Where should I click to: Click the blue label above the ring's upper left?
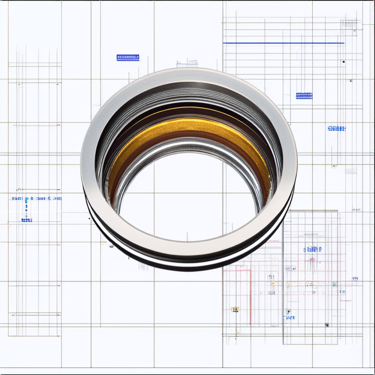128,58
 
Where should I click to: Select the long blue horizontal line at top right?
283,43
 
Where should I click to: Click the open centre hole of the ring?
188,195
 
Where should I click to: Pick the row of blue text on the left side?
36,199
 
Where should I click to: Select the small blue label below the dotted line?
26,220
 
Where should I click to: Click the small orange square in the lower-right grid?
235,309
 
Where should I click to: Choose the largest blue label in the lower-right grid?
312,249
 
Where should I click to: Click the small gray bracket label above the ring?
187,63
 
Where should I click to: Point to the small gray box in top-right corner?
349,24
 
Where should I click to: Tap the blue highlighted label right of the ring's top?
304,96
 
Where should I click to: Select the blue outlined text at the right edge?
336,128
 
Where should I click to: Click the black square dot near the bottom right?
327,325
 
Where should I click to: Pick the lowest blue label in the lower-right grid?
290,317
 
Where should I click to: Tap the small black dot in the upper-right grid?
343,62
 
